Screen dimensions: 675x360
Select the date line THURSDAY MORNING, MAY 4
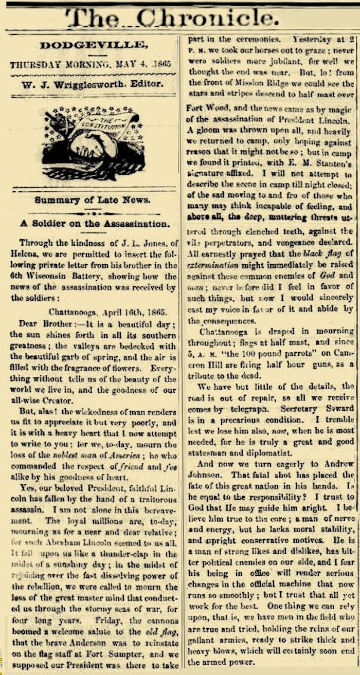coord(77,65)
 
